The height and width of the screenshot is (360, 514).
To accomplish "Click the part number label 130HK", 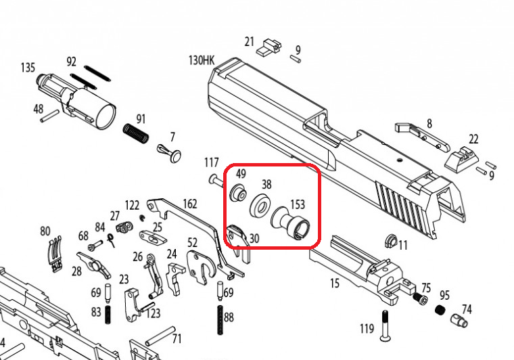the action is pyautogui.click(x=202, y=60).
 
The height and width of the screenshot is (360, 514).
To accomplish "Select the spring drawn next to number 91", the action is pyautogui.click(x=136, y=133).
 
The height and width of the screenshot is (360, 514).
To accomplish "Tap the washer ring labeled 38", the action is pyautogui.click(x=261, y=206).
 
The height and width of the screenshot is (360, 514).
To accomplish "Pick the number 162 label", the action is pyautogui.click(x=190, y=204).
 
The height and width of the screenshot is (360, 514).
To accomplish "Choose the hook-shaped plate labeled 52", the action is pyautogui.click(x=200, y=267).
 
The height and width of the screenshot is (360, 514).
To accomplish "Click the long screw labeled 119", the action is pyautogui.click(x=385, y=326).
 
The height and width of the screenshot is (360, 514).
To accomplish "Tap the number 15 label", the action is pyautogui.click(x=335, y=284).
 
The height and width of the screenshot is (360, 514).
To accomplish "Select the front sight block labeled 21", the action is pyautogui.click(x=268, y=47).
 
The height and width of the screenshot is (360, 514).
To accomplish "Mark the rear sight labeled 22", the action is pyautogui.click(x=461, y=158).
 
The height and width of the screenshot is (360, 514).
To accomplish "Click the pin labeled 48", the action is pyautogui.click(x=49, y=116).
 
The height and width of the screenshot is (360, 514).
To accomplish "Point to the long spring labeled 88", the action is pyautogui.click(x=220, y=320).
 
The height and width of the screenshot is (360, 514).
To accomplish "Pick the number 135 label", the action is pyautogui.click(x=28, y=68).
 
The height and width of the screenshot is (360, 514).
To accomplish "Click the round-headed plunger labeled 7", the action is pyautogui.click(x=170, y=152).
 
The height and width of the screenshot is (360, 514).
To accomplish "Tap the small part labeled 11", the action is pyautogui.click(x=391, y=242).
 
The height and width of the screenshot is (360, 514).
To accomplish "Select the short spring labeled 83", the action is pyautogui.click(x=108, y=315).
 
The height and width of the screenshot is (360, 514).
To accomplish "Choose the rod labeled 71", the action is pyautogui.click(x=160, y=336).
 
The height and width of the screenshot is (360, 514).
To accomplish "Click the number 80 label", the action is pyautogui.click(x=45, y=231).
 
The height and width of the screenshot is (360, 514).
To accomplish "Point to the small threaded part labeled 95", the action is pyautogui.click(x=441, y=310).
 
